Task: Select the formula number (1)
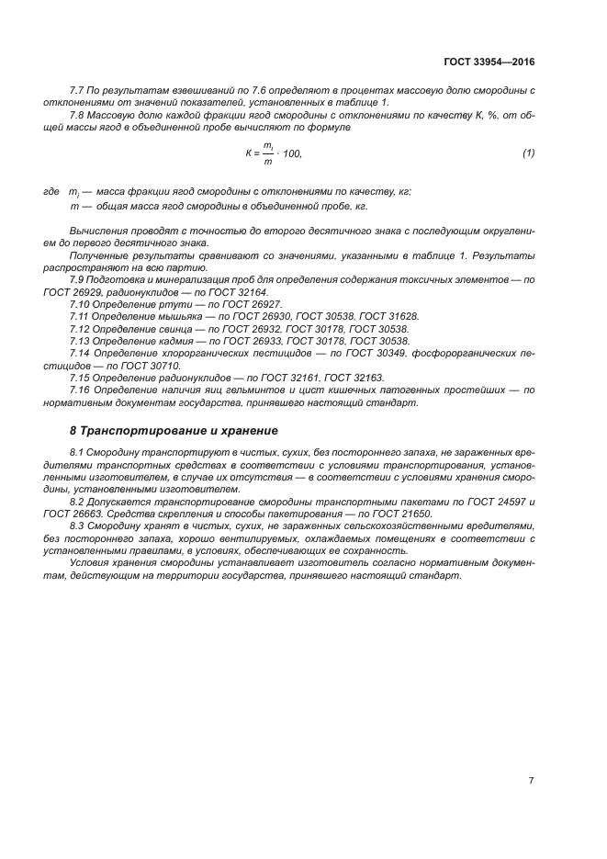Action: [528, 153]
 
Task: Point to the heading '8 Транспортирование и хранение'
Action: [174, 430]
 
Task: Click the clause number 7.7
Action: [78, 90]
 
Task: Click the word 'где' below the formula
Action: [51, 190]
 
